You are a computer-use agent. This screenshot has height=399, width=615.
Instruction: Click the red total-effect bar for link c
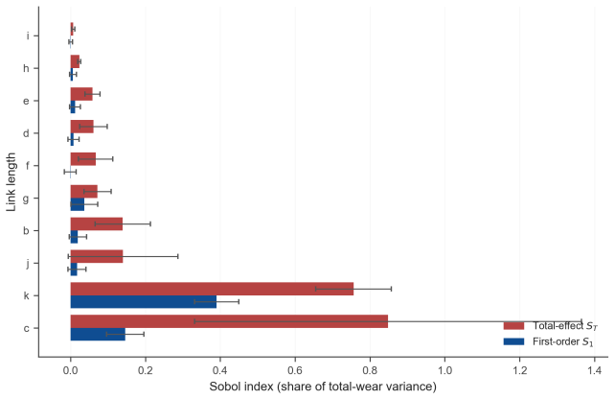[229, 321]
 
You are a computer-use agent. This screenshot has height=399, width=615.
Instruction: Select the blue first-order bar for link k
[144, 301]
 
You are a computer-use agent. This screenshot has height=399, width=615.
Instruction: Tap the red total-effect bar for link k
[212, 289]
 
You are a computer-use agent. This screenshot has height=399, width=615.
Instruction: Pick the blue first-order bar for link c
[98, 334]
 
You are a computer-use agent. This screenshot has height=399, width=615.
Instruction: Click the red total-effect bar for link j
[97, 256]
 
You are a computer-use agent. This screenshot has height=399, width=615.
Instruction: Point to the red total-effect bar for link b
[97, 223]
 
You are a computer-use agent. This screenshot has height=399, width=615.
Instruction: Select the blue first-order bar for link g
[78, 204]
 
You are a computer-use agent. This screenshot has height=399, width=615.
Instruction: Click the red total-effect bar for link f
[83, 159]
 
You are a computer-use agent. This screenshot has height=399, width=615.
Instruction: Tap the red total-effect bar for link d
[82, 127]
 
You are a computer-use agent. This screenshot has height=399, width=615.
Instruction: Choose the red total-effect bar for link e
[81, 94]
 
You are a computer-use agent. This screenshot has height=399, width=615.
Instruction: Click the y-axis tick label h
[26, 68]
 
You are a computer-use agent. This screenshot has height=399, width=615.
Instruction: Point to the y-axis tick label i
[28, 35]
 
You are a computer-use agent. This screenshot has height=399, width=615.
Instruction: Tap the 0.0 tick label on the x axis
[71, 370]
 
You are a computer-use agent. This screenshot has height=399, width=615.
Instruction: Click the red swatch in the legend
[513, 325]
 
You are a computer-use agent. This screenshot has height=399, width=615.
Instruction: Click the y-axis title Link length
[11, 182]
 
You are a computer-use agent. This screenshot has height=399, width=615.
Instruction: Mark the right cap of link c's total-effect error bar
[581, 321]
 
